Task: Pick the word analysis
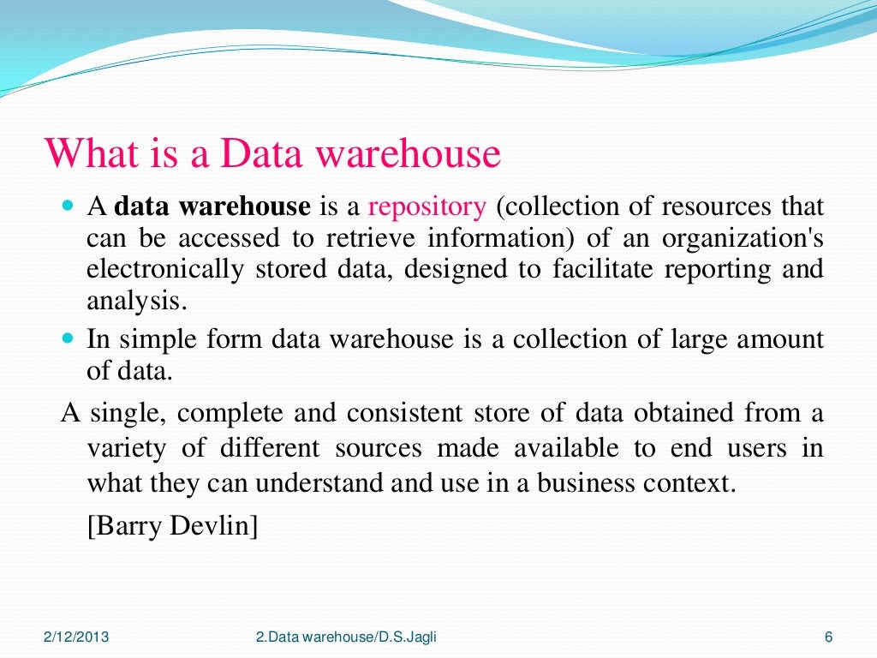coord(135,301)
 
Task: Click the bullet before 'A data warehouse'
coord(69,206)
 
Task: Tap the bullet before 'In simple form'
coord(69,338)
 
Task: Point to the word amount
coord(776,339)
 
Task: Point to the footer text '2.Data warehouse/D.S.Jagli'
coord(351,637)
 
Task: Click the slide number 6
coord(828,637)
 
